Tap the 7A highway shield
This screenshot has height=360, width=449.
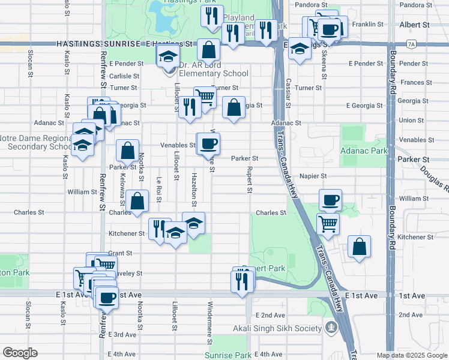[x=411, y=44]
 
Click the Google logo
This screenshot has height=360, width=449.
[x=20, y=353]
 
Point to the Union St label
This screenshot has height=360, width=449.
[x=411, y=121]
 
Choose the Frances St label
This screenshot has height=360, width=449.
[x=411, y=82]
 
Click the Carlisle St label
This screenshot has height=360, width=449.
[x=124, y=77]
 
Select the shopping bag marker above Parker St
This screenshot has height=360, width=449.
[x=127, y=150]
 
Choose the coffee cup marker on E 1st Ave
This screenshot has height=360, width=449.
[x=107, y=298]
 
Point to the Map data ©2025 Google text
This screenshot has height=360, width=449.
[x=411, y=355]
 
